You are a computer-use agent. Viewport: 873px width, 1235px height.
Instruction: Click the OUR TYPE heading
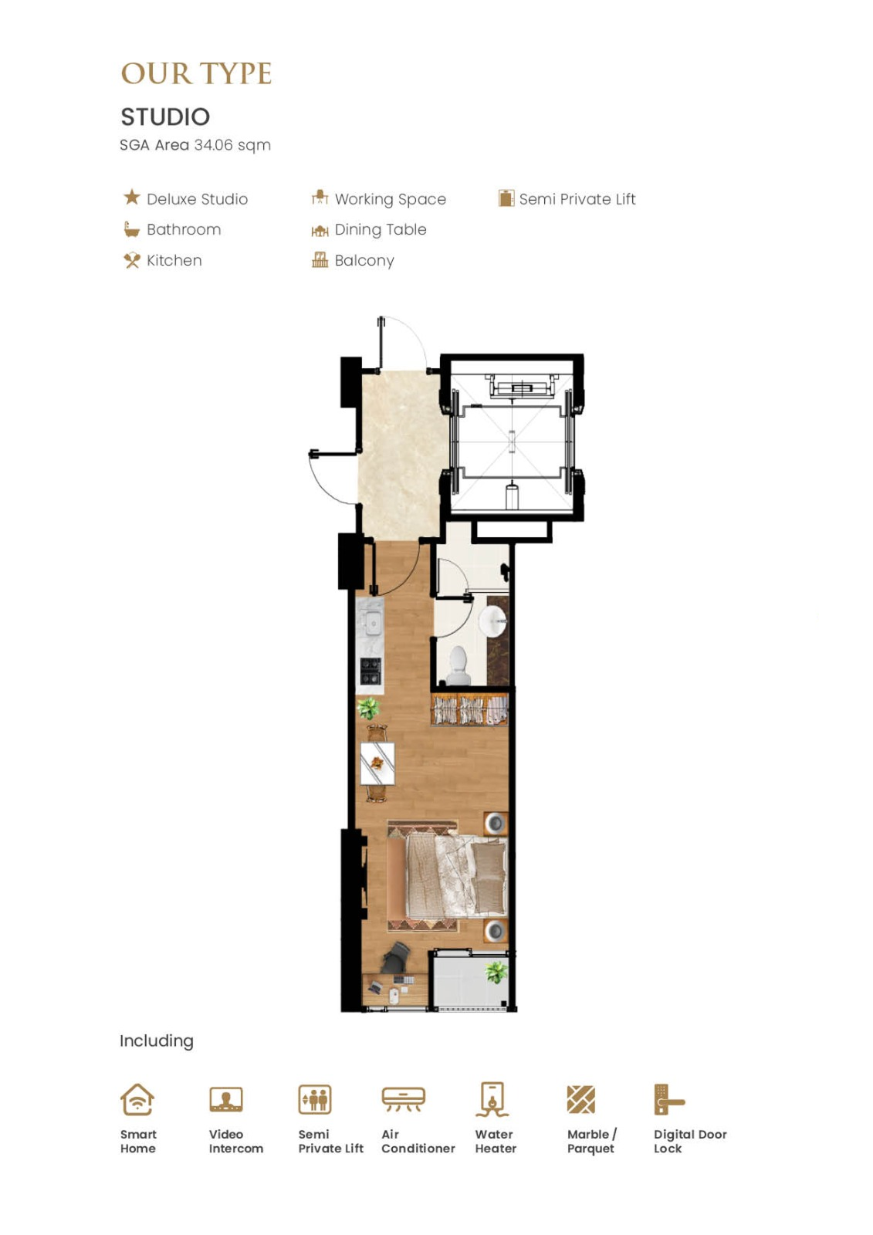tap(196, 74)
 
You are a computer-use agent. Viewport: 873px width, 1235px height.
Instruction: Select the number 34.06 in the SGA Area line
tap(213, 145)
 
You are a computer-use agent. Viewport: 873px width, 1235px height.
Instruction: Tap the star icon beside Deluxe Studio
tap(132, 197)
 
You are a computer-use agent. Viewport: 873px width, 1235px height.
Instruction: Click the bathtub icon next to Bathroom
tap(131, 229)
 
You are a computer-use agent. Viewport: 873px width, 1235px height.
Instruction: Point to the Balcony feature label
tap(364, 261)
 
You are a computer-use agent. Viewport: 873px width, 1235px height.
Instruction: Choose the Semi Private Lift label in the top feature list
tap(577, 199)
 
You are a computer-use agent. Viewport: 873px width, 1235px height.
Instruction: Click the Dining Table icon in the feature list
tap(320, 231)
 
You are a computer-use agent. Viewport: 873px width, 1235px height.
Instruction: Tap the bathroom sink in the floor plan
tap(493, 622)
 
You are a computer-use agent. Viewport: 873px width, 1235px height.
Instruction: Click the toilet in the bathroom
tap(458, 665)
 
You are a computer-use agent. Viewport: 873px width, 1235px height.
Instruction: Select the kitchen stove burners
tap(371, 671)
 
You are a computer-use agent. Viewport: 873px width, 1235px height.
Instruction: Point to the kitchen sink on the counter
tap(373, 623)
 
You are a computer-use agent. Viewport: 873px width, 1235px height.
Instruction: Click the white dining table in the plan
tap(377, 763)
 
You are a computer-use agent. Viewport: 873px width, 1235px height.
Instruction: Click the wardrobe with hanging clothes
tap(469, 709)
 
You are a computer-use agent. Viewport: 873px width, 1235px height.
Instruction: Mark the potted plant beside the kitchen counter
tap(368, 708)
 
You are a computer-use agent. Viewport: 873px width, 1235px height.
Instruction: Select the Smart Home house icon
tap(137, 1099)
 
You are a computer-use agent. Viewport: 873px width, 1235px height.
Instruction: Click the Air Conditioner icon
tap(404, 1099)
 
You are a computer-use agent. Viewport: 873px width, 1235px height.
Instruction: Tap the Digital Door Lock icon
tap(669, 1099)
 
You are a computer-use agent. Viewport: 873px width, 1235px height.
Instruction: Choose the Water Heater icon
tap(492, 1099)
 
